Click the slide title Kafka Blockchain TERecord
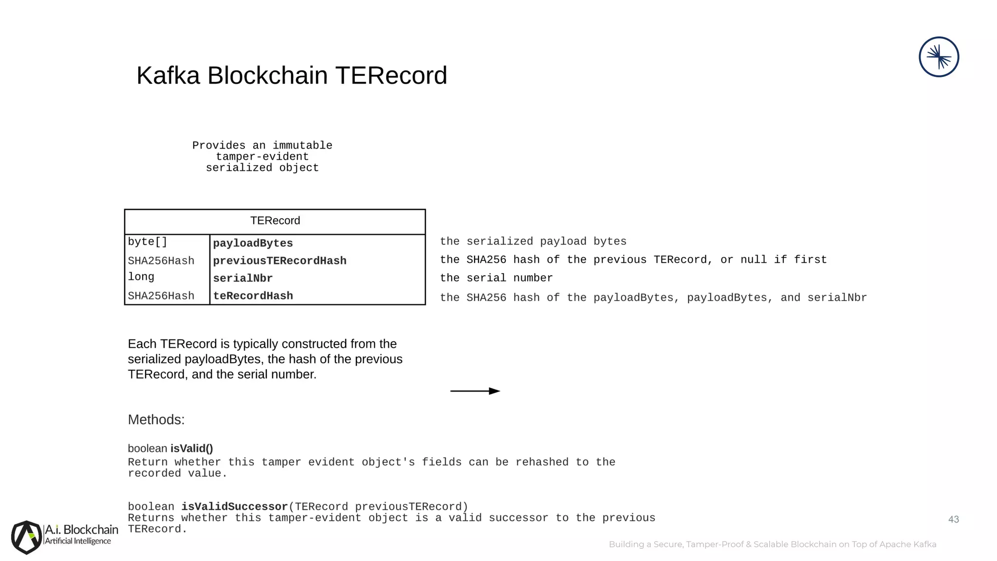point(292,76)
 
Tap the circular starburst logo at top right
point(939,57)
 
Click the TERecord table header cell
point(275,221)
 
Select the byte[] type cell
point(148,242)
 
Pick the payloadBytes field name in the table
point(253,243)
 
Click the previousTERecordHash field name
point(279,261)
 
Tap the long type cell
point(141,277)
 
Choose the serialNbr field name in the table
point(242,279)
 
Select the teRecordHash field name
point(253,296)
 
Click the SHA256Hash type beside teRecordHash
point(161,296)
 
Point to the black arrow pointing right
point(475,391)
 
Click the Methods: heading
point(156,420)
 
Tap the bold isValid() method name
point(192,449)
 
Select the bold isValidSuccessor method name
point(235,507)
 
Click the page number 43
point(953,520)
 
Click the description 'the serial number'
point(496,278)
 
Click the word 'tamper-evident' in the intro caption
point(262,157)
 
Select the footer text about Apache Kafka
point(772,544)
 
